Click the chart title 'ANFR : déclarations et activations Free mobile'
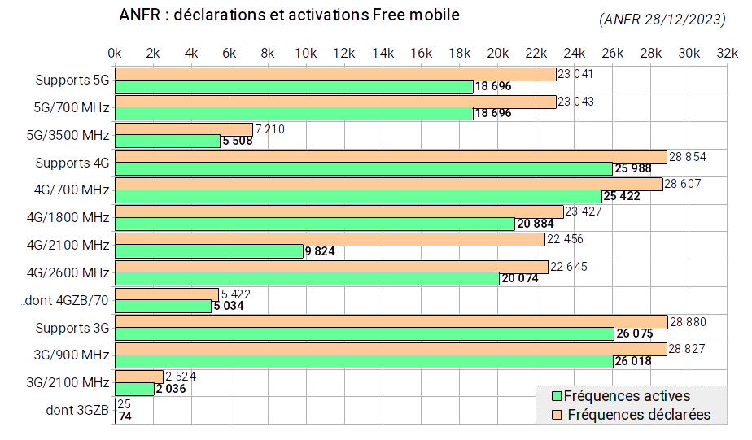click(289, 15)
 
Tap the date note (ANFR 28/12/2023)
click(662, 20)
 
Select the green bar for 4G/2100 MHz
click(209, 251)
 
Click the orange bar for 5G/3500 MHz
click(184, 129)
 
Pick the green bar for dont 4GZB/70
click(163, 307)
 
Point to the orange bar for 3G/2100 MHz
click(139, 377)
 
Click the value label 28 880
click(689, 322)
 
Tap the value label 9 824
click(320, 251)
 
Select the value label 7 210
click(270, 129)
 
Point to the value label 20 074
click(520, 278)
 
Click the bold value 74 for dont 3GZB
click(125, 416)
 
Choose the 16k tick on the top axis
click(421, 53)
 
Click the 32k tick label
click(727, 53)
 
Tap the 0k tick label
click(115, 53)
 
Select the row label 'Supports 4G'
click(72, 163)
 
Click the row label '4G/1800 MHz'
click(68, 218)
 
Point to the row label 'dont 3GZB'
click(77, 410)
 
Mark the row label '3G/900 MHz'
click(72, 355)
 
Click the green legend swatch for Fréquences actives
click(557, 396)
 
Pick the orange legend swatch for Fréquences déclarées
click(557, 415)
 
